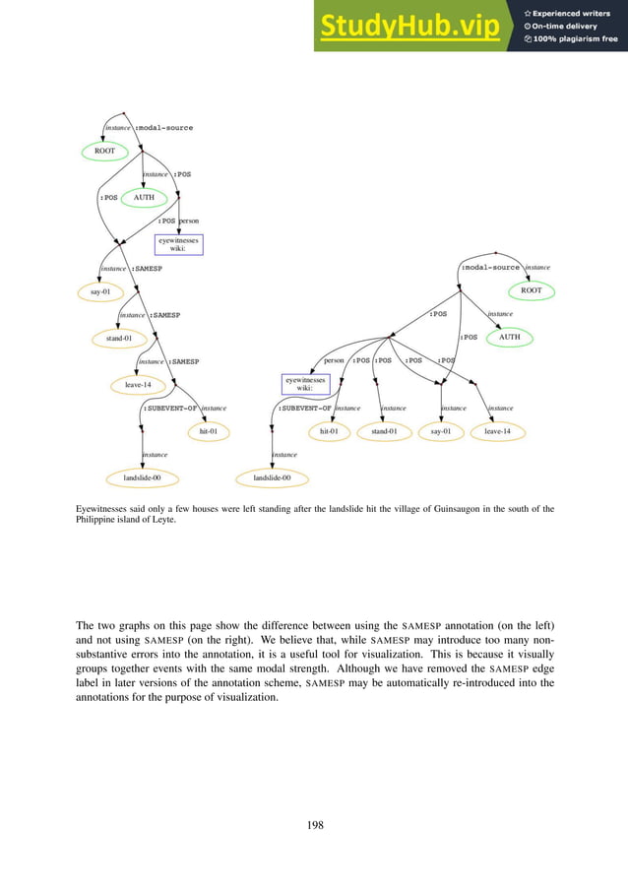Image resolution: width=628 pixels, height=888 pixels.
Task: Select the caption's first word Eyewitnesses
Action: (102, 509)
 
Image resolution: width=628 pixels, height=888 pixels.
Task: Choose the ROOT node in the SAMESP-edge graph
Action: (104, 152)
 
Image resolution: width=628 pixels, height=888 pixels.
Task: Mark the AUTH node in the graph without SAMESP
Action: (509, 337)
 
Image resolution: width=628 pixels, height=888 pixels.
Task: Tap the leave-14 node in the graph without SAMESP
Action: (498, 431)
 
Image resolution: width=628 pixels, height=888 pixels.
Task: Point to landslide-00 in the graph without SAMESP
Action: (272, 477)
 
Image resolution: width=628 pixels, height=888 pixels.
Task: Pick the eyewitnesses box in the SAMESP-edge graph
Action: (178, 244)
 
